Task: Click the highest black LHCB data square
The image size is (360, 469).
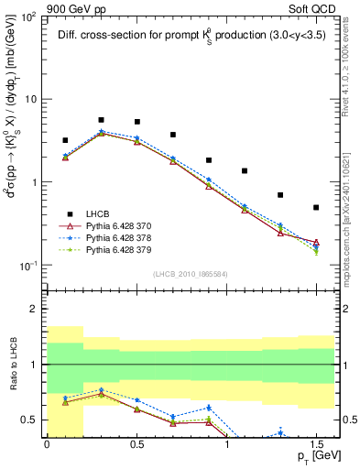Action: tap(101, 120)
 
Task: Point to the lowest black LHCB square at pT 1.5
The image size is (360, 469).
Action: tap(316, 207)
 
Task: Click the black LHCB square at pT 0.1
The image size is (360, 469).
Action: tap(65, 140)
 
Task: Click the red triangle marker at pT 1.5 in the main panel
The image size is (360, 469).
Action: tap(316, 243)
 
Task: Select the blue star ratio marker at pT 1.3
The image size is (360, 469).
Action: tap(280, 433)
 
